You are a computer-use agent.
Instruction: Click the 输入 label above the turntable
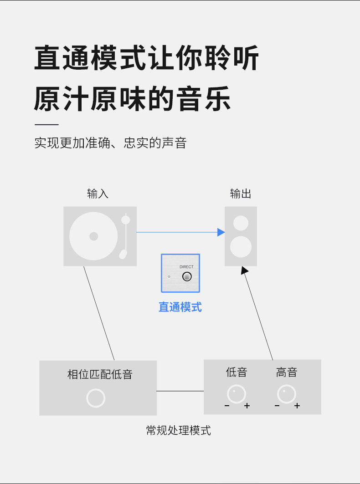point(98,194)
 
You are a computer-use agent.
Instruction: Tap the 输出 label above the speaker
point(241,194)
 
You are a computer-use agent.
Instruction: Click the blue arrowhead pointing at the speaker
point(221,232)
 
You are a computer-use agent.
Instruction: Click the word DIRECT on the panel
point(186,267)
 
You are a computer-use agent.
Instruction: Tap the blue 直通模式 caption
point(180,307)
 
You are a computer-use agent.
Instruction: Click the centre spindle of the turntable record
point(93,236)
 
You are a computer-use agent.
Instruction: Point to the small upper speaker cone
point(241,223)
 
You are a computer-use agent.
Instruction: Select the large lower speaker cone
point(241,247)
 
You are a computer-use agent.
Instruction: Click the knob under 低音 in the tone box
point(237,394)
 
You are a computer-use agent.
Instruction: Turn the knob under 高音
point(287,394)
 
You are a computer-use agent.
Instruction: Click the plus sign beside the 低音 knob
point(247,406)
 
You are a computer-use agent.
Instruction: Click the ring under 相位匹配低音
point(96,398)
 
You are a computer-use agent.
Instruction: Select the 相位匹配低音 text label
point(100,375)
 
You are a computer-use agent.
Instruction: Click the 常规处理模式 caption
point(179,430)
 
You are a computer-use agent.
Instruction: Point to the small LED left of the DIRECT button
point(169,277)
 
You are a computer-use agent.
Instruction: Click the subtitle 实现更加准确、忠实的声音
point(111,143)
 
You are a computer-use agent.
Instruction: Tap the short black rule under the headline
point(46,124)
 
